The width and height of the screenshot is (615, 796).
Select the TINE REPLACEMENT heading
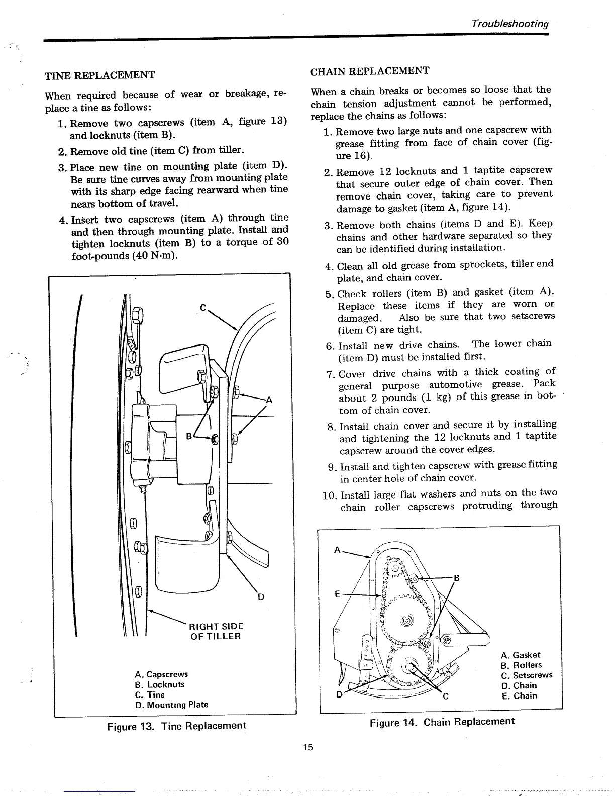[x=100, y=75]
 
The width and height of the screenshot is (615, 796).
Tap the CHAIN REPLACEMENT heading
[x=369, y=71]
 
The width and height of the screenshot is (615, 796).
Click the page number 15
[x=307, y=747]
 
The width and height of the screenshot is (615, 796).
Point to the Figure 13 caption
[x=176, y=726]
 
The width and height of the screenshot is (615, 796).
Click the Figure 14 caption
[x=442, y=722]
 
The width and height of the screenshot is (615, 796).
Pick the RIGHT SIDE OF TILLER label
[x=216, y=631]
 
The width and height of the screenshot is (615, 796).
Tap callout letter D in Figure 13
[x=260, y=597]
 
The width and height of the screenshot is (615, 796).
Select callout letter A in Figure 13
[x=269, y=401]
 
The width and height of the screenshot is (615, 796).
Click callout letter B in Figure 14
[x=456, y=578]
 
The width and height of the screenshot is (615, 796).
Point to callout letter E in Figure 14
[x=338, y=593]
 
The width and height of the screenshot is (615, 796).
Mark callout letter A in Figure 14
[x=337, y=550]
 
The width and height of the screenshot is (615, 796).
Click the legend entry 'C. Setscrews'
[x=526, y=675]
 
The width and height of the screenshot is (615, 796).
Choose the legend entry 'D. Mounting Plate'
[x=171, y=705]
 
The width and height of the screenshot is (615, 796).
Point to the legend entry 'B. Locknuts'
[x=159, y=684]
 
